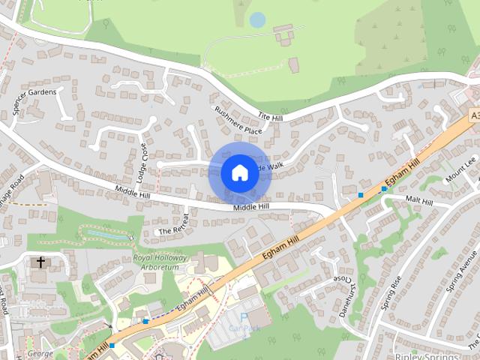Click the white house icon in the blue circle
(239, 172)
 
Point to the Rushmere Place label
(238, 119)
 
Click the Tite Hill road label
(270, 116)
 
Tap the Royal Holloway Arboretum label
(159, 262)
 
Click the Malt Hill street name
(418, 202)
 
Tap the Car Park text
(244, 328)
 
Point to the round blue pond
(257, 19)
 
